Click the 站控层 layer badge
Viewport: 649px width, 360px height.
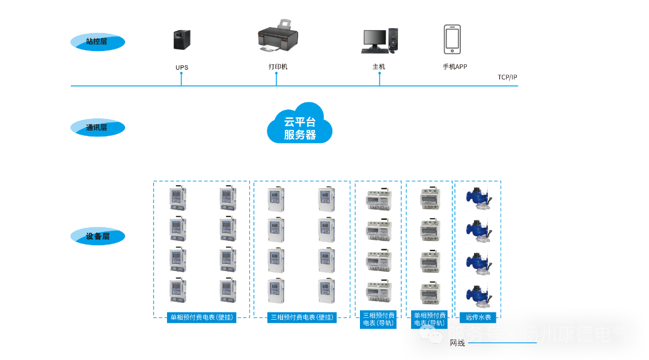point(97,42)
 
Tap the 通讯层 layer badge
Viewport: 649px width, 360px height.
point(97,127)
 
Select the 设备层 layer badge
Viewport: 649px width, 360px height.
point(97,236)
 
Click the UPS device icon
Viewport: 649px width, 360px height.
point(181,40)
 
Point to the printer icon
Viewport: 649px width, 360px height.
point(277,37)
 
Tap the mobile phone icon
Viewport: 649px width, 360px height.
point(452,40)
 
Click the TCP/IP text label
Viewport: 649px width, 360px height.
point(507,78)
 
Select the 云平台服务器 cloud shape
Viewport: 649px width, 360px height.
point(300,124)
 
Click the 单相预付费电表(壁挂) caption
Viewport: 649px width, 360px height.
point(201,317)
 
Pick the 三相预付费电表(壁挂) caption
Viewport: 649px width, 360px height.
point(302,317)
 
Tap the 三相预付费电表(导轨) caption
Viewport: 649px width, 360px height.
point(378,319)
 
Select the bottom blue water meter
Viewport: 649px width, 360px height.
point(478,296)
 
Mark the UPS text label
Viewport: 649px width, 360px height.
point(181,67)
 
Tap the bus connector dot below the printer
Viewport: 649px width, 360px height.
point(276,74)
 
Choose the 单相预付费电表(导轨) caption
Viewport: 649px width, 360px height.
point(430,319)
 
